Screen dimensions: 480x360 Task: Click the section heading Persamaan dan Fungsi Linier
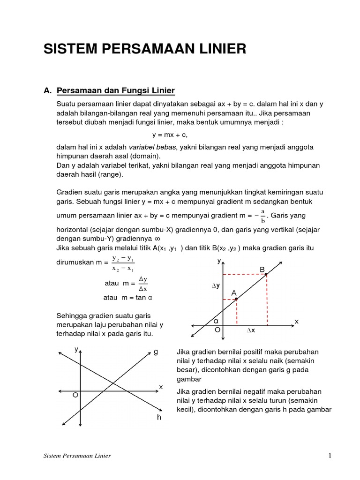click(x=115, y=90)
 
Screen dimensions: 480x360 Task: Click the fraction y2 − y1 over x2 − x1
click(x=123, y=263)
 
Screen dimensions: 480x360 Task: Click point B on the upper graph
click(x=266, y=274)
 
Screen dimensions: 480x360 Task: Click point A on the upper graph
click(x=236, y=299)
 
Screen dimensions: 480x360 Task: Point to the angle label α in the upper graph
click(x=216, y=321)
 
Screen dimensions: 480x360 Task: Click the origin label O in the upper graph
click(x=217, y=330)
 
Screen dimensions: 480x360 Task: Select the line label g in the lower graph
click(x=156, y=352)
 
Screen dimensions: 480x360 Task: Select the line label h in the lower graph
click(x=159, y=417)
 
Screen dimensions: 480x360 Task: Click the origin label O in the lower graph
click(x=75, y=396)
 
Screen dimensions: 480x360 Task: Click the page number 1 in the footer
click(x=330, y=455)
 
